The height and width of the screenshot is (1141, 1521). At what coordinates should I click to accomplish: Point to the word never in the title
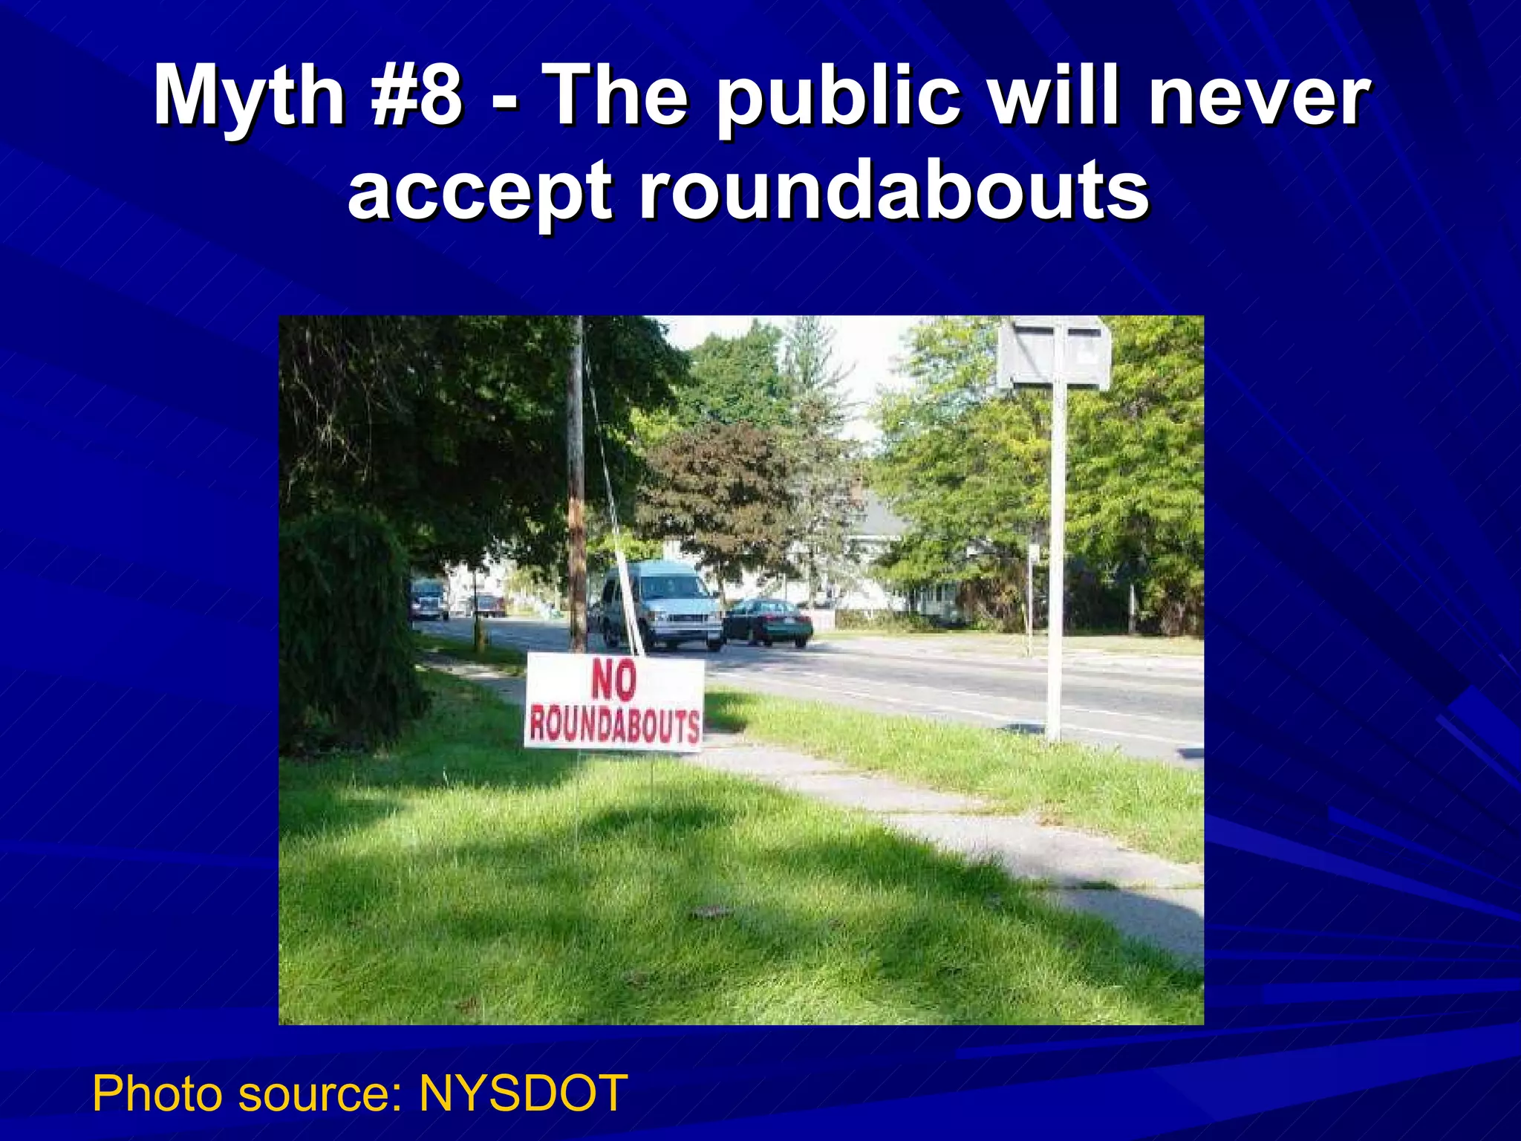[1258, 97]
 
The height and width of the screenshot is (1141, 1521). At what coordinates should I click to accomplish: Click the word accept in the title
[480, 192]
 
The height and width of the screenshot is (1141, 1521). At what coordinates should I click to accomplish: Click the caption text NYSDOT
[523, 1093]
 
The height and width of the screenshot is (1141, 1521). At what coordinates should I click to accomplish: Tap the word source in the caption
[313, 1095]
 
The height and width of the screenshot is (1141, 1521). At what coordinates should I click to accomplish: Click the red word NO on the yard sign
[613, 681]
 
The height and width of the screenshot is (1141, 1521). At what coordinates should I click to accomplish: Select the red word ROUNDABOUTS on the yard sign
[613, 726]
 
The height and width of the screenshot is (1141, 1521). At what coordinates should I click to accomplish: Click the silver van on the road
[661, 605]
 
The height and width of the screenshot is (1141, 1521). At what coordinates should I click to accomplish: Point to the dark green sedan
[769, 622]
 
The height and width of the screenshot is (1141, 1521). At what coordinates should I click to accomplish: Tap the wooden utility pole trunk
[576, 483]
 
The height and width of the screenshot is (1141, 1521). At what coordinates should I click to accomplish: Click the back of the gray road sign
[1054, 353]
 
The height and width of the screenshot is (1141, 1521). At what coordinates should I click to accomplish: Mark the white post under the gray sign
[1055, 565]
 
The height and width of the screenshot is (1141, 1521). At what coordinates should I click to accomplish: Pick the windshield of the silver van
[673, 588]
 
